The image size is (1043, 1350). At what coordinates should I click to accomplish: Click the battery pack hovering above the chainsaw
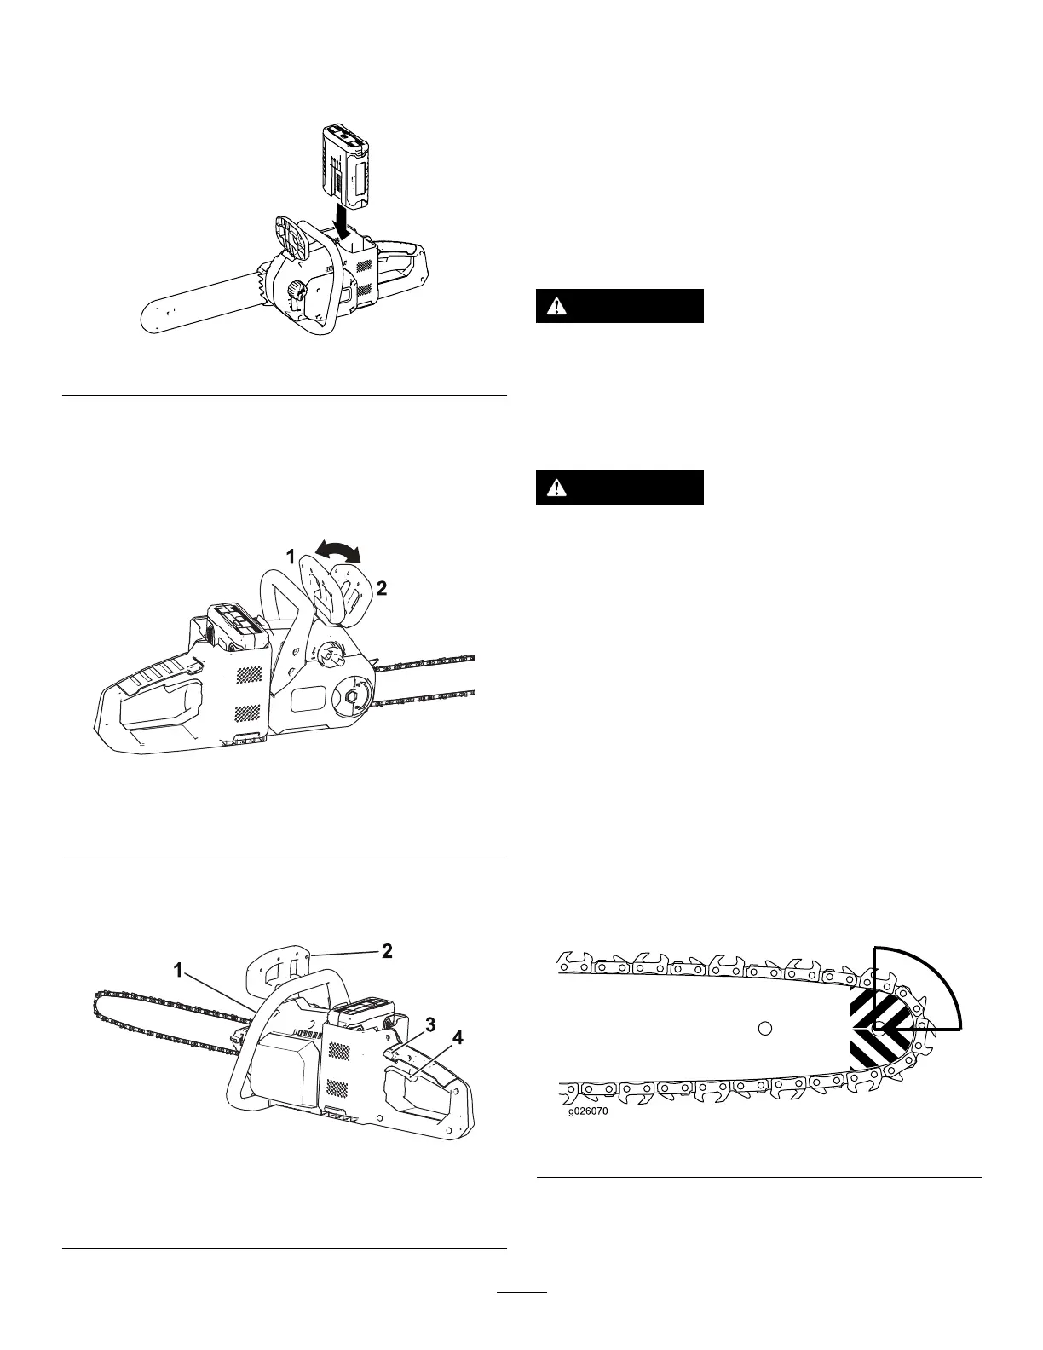(344, 162)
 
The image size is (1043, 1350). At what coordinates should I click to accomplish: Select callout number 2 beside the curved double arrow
(382, 588)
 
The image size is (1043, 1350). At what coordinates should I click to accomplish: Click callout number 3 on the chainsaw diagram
(431, 1022)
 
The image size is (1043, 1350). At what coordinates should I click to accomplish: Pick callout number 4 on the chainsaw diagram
(458, 1037)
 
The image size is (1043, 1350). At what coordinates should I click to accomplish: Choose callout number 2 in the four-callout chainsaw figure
(386, 951)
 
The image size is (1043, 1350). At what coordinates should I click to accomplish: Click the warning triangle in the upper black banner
(556, 306)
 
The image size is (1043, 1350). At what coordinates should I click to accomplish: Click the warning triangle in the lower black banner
(556, 487)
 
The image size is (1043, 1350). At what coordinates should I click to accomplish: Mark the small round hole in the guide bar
(764, 1028)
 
